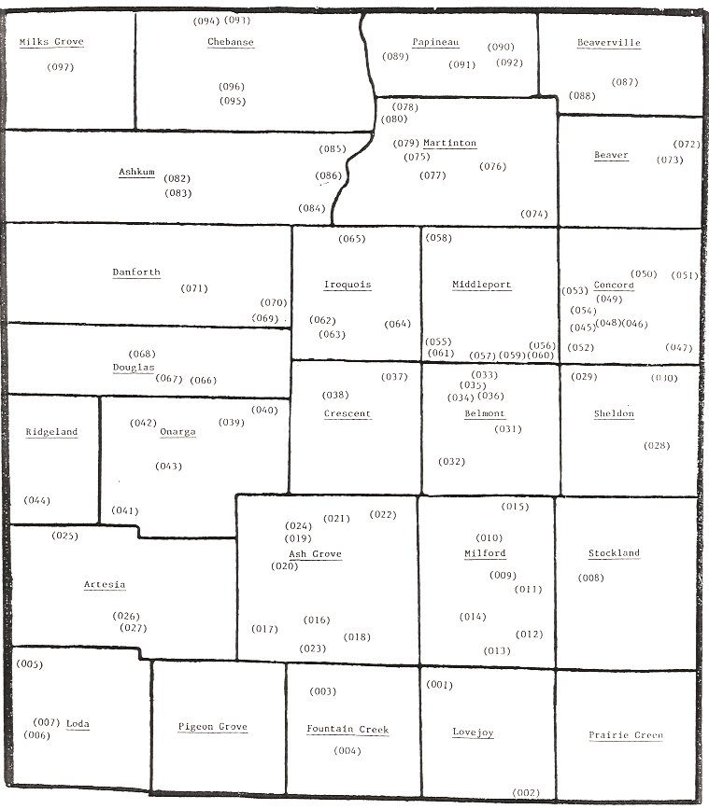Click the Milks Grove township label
pos(51,42)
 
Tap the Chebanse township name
pos(231,42)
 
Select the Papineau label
pos(435,42)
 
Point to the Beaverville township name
pos(608,43)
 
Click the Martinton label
pos(449,143)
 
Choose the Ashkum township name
pos(136,172)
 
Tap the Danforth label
pos(136,272)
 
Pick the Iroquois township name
pos(347,285)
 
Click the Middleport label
pos(481,285)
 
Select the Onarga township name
pos(177,432)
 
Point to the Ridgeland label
pos(52,432)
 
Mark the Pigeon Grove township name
pos(213,727)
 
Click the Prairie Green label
pos(626,735)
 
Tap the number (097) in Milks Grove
pos(60,67)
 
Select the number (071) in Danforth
pos(194,288)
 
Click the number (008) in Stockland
pos(590,578)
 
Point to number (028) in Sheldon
pos(657,445)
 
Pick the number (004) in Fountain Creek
pos(347,750)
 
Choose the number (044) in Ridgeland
pos(37,500)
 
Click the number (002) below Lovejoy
pos(526,792)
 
